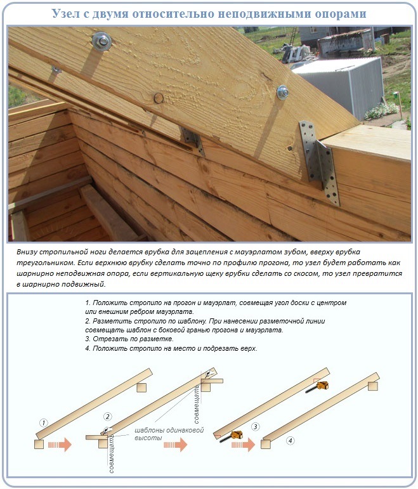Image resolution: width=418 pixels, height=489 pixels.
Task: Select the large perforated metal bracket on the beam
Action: (x=321, y=165)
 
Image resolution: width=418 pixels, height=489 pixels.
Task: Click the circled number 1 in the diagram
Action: (x=43, y=422)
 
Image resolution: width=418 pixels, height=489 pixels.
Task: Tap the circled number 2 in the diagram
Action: (x=107, y=417)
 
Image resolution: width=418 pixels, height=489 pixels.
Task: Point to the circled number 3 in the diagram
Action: (x=256, y=426)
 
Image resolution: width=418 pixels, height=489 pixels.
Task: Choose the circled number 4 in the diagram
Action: (x=290, y=440)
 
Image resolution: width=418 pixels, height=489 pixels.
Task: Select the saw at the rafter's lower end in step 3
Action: (x=236, y=435)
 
